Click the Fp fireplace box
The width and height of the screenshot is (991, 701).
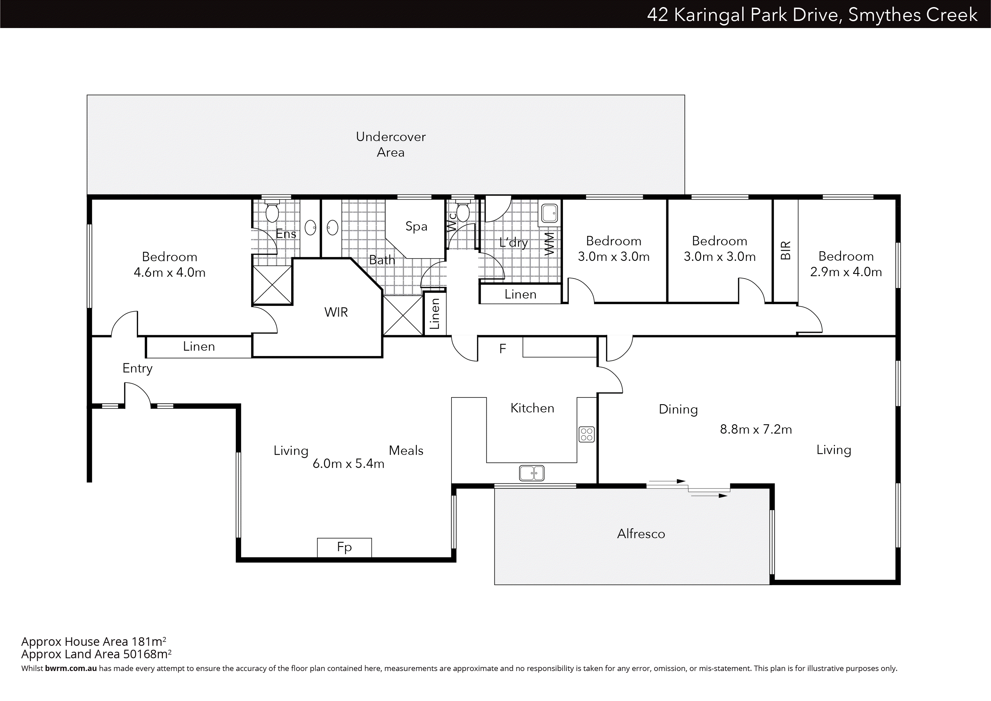click(344, 547)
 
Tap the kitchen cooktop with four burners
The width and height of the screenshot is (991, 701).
click(586, 434)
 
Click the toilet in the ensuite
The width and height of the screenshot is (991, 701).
click(272, 213)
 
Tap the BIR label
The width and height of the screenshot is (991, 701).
click(786, 250)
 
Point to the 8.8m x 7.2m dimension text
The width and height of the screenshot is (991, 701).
click(756, 429)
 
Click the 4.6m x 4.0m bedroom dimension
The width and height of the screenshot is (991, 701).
click(169, 272)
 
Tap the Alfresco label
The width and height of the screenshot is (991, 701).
click(641, 534)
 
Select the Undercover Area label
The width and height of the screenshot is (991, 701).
click(391, 144)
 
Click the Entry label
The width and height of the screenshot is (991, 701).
click(137, 368)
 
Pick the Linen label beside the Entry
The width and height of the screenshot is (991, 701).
click(199, 346)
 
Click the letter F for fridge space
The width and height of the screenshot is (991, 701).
click(502, 349)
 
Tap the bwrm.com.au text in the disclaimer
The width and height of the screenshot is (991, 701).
click(71, 668)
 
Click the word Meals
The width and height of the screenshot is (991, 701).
click(406, 451)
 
